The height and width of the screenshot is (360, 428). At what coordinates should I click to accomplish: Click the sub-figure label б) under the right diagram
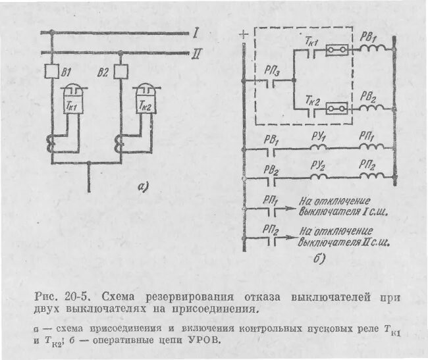tap(319, 258)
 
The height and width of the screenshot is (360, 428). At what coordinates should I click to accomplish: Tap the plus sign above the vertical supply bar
tap(245, 34)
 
